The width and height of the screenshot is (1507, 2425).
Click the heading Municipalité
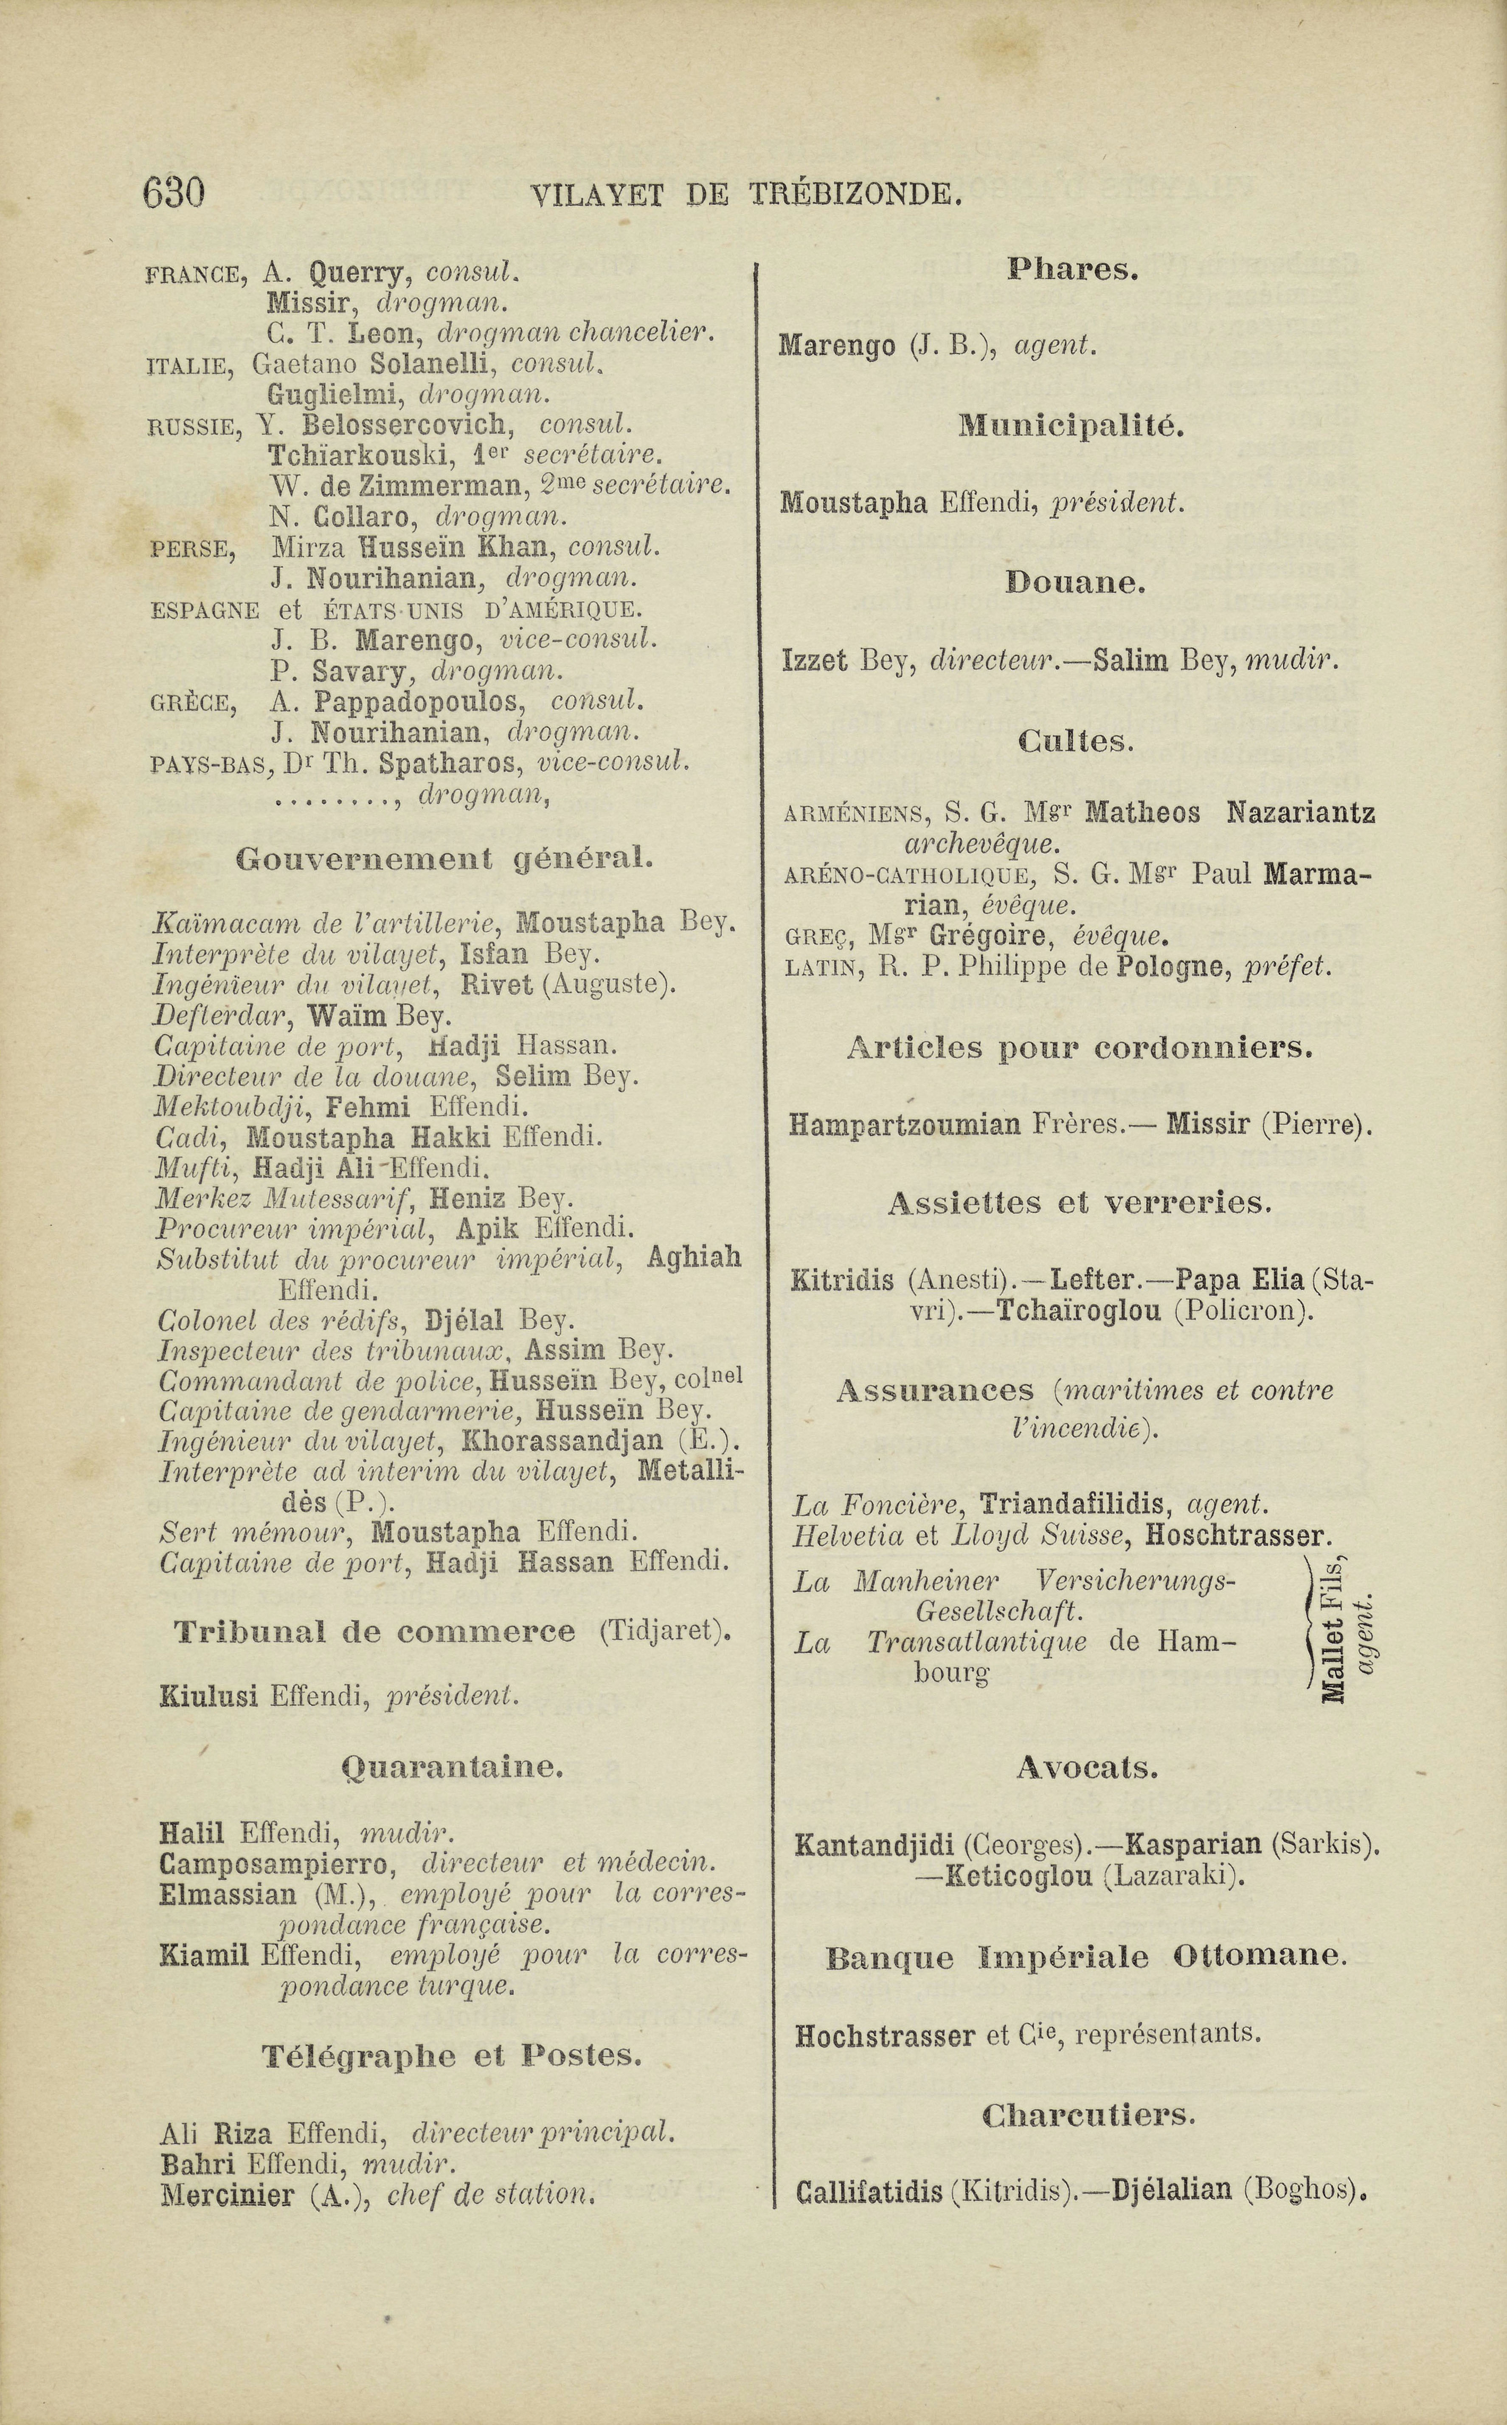click(1071, 427)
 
